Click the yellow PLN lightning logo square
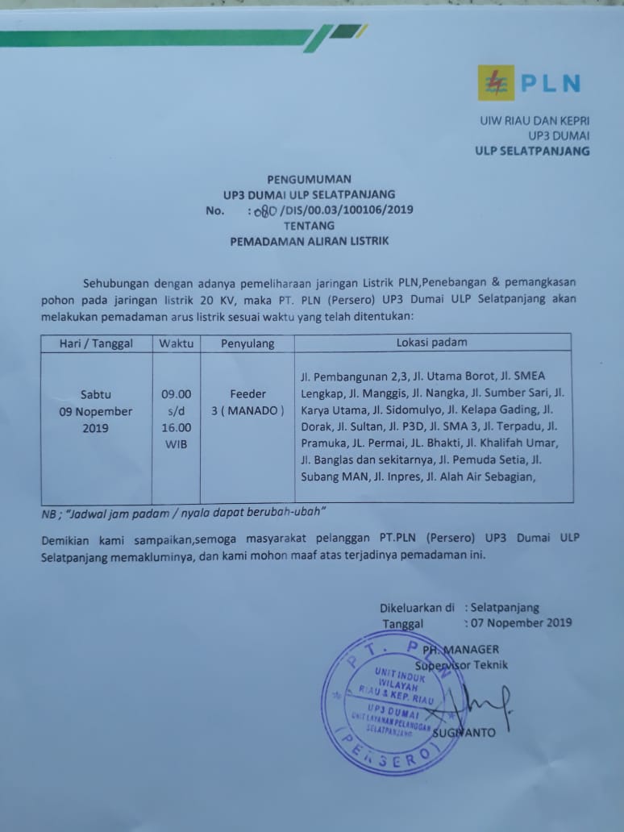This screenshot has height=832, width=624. point(494,83)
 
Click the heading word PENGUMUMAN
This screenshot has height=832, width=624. point(309,179)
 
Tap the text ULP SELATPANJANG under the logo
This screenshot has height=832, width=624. point(532,151)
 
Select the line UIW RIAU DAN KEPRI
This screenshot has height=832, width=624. point(535,120)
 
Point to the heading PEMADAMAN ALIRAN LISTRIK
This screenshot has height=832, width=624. point(310,241)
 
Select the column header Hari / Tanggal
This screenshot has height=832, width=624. point(96,343)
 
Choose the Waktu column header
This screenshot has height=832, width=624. point(177,343)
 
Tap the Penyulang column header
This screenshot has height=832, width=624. point(248,343)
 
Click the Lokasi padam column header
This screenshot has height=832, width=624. point(431,343)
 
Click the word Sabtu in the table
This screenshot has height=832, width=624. point(96,395)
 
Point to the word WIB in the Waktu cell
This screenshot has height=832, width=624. point(177,445)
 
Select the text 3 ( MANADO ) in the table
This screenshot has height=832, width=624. point(248,411)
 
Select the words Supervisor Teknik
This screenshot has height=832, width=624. point(462,665)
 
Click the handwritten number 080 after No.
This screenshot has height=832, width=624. point(264,211)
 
